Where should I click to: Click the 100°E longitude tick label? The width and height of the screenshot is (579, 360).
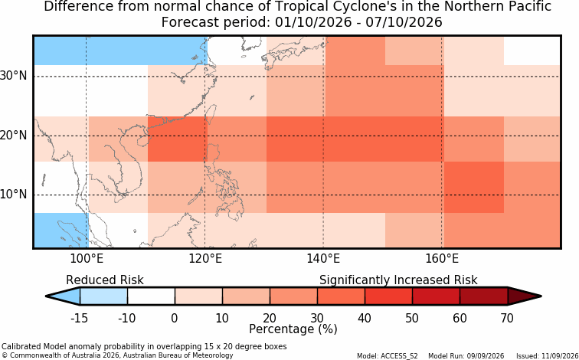[x=87, y=259]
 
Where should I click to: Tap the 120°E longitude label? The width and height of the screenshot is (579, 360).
[x=205, y=259]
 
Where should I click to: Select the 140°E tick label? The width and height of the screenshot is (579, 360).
[x=323, y=259]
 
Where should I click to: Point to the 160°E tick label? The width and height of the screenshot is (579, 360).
[x=442, y=259]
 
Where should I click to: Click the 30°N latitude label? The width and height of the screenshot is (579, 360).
[x=14, y=76]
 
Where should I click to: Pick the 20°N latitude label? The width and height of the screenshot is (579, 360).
[x=14, y=135]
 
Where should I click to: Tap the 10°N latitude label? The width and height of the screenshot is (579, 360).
[x=14, y=195]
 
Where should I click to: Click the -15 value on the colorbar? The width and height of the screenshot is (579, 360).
[x=80, y=318]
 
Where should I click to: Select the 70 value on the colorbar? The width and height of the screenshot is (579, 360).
[x=507, y=318]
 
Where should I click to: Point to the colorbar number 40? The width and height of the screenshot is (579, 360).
[x=365, y=318]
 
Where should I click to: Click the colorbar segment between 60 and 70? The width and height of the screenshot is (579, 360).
[x=484, y=296]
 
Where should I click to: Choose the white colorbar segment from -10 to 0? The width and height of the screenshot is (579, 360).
[x=151, y=296]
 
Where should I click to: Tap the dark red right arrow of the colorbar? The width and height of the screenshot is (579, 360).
[x=525, y=296]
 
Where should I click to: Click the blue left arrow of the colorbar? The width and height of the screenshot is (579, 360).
[x=63, y=296]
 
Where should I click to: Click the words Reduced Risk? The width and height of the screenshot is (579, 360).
[x=105, y=280]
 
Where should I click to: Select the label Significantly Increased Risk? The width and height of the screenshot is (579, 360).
[x=398, y=280]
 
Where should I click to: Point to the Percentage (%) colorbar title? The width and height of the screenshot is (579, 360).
[x=293, y=329]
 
